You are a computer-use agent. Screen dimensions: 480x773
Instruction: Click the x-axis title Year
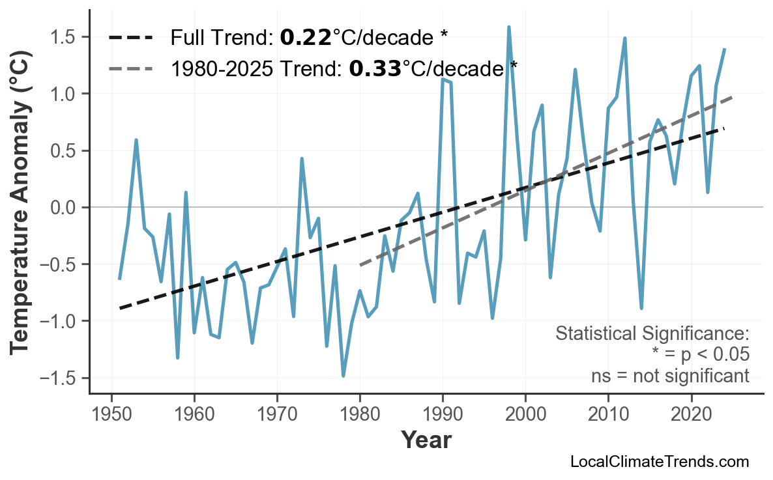point(426,440)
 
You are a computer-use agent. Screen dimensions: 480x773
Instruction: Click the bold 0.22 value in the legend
point(305,38)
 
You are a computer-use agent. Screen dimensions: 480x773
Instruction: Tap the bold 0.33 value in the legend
point(375,68)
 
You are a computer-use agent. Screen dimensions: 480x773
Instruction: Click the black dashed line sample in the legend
point(131,38)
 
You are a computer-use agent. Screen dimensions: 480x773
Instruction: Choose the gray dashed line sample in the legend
point(131,68)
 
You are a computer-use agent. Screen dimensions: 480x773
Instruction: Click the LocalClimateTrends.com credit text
point(659,462)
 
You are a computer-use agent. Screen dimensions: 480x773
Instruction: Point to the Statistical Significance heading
point(652,333)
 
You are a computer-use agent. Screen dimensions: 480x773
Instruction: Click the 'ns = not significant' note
point(669,376)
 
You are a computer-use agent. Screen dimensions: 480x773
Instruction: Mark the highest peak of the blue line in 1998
point(508,27)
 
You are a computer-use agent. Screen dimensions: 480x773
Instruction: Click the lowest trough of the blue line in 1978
point(343,376)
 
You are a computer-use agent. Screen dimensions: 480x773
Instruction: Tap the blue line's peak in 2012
point(624,38)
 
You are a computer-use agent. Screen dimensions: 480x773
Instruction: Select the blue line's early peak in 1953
point(136,140)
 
